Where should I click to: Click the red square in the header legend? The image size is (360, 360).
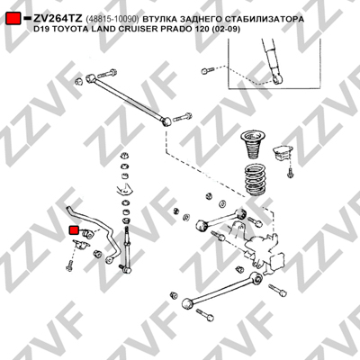pyautogui.click(x=13, y=19)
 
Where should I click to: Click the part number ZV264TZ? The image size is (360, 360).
pyautogui.click(x=58, y=19)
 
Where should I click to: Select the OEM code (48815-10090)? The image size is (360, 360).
pyautogui.click(x=112, y=19)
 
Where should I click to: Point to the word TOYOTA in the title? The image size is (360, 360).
pyautogui.click(x=65, y=30)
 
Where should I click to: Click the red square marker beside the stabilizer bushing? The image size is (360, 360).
pyautogui.click(x=74, y=230)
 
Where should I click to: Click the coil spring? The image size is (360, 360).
pyautogui.click(x=255, y=180)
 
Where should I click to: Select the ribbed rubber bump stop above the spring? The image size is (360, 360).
pyautogui.click(x=253, y=145)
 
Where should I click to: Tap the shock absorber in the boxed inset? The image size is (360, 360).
pyautogui.click(x=272, y=61)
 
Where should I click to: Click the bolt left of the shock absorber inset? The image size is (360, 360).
pyautogui.click(x=208, y=71)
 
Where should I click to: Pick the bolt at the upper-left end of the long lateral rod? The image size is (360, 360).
pyautogui.click(x=106, y=73)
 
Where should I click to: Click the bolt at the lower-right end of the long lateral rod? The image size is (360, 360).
pyautogui.click(x=183, y=117)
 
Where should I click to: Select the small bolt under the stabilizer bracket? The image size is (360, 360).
pyautogui.click(x=69, y=265)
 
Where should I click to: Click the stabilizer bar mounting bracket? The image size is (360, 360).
pyautogui.click(x=81, y=245)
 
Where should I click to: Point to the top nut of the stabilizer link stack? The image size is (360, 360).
pyautogui.click(x=124, y=156)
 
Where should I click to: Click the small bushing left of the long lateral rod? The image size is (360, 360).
pyautogui.click(x=78, y=81)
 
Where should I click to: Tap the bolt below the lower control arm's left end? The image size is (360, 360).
pyautogui.click(x=205, y=314)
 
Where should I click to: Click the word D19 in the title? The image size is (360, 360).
pyautogui.click(x=42, y=30)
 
